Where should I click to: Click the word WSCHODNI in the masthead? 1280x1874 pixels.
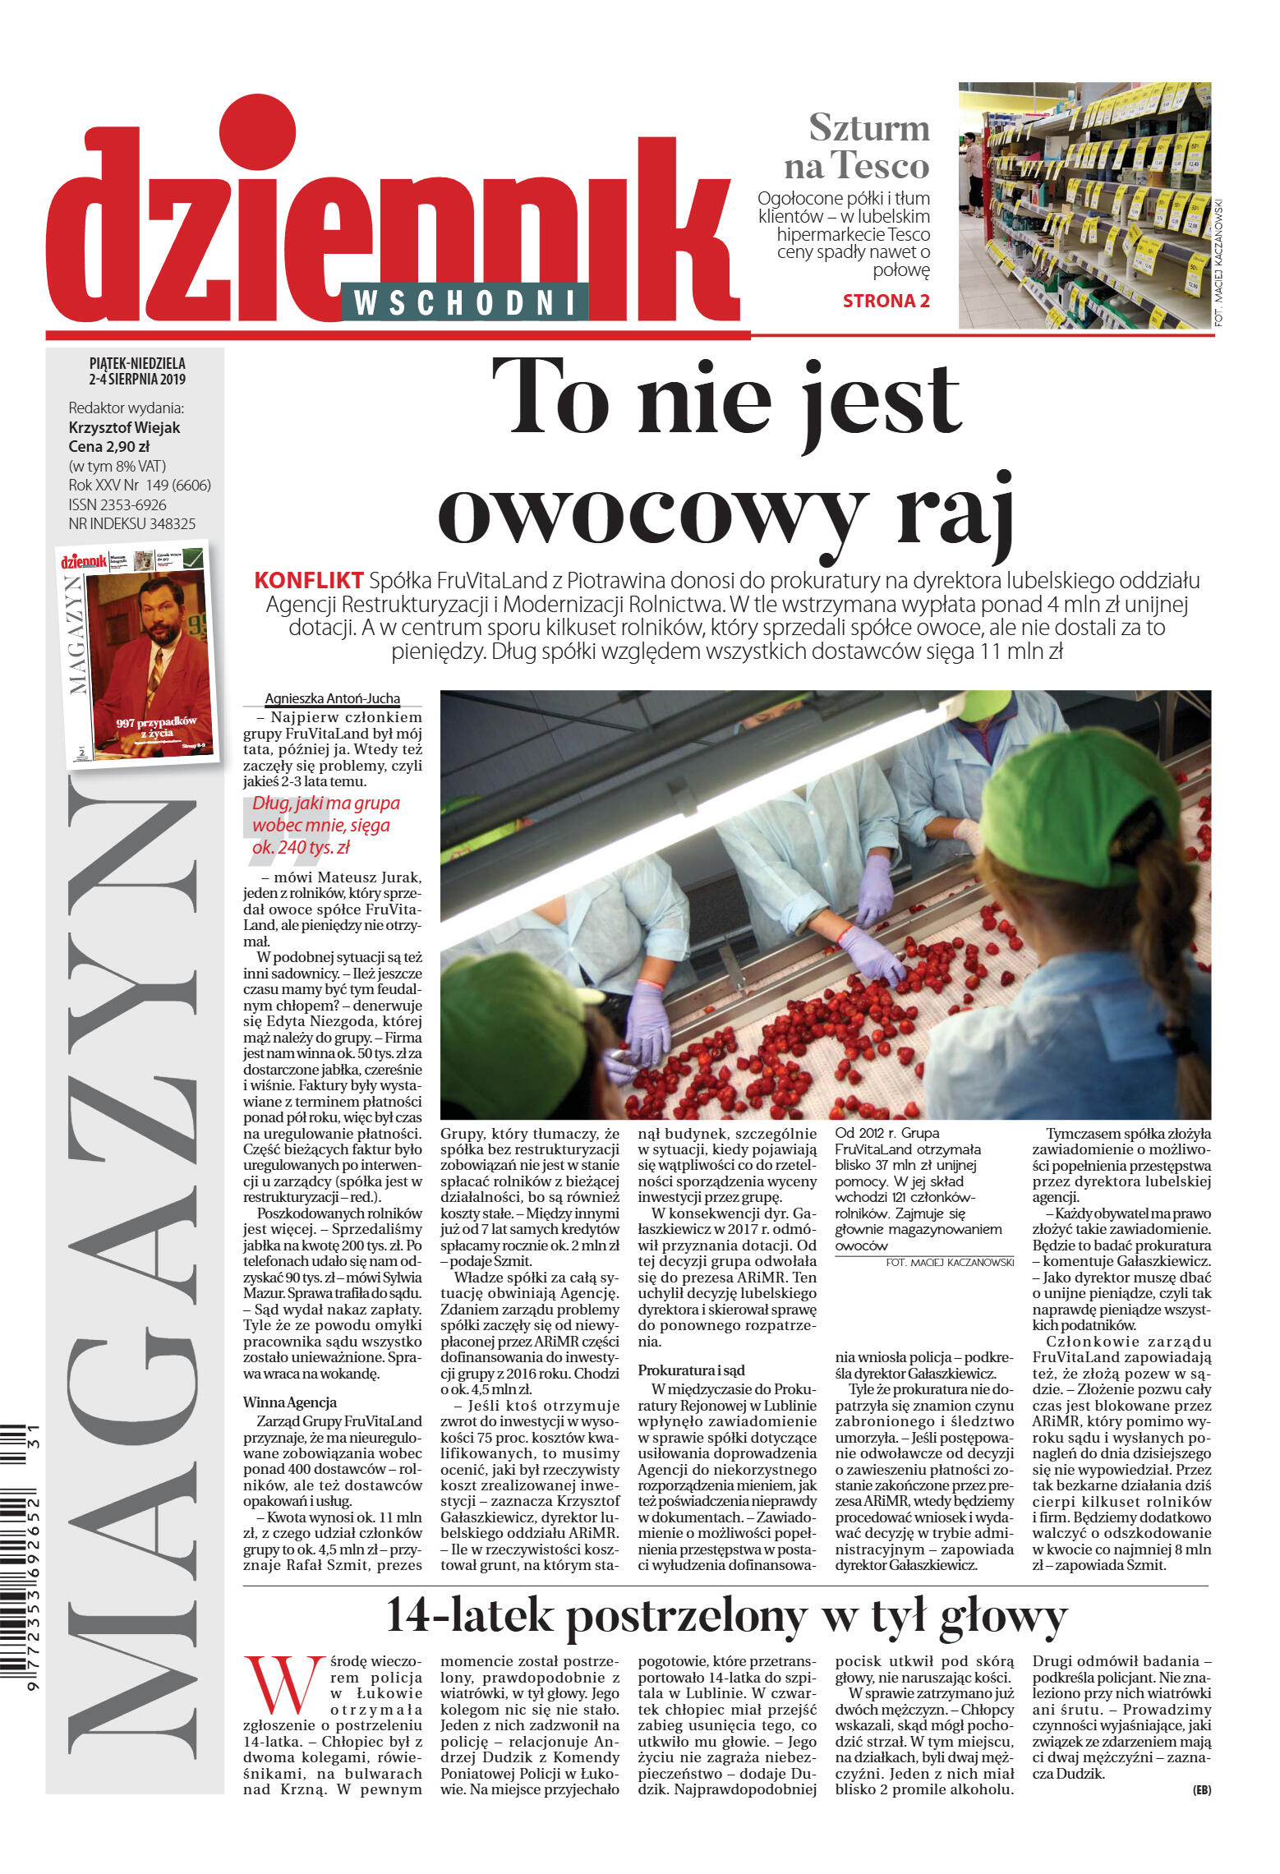(x=464, y=303)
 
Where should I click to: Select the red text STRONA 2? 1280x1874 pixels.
(x=886, y=301)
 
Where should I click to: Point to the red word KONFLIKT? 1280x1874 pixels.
(x=309, y=580)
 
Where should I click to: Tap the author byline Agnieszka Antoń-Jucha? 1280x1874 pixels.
(x=332, y=698)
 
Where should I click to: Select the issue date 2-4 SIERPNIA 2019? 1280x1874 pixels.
(x=137, y=380)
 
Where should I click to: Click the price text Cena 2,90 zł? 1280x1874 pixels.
(x=108, y=447)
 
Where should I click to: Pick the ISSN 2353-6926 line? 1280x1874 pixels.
(x=117, y=504)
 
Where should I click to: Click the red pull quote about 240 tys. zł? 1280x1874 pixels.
(x=326, y=825)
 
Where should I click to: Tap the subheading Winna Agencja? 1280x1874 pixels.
(x=289, y=1402)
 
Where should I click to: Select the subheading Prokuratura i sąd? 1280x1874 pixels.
(x=691, y=1370)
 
